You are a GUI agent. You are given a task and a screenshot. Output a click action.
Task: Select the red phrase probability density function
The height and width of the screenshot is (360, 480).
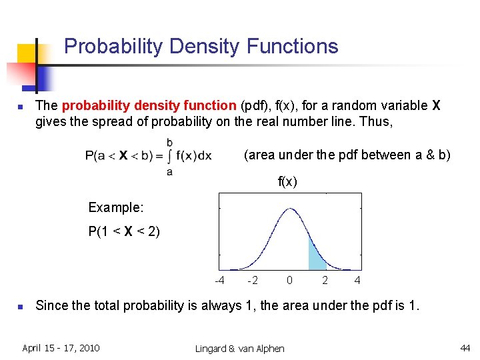pyautogui.click(x=149, y=106)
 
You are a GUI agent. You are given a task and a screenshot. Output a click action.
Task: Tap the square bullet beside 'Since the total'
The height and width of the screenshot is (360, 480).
pyautogui.click(x=21, y=307)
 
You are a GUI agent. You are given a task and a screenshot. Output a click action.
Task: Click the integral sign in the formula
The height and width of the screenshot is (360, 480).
pyautogui.click(x=169, y=156)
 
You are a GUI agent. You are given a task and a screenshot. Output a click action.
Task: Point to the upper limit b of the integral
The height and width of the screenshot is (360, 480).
pyautogui.click(x=169, y=142)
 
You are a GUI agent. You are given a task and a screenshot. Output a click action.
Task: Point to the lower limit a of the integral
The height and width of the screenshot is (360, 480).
pyautogui.click(x=169, y=171)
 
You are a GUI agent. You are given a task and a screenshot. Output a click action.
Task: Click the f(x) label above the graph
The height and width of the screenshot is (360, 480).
pyautogui.click(x=287, y=181)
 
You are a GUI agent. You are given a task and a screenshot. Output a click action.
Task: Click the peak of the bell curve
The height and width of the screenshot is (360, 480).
pyautogui.click(x=290, y=209)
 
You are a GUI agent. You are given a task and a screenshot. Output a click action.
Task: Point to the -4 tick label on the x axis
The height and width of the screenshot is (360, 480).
pyautogui.click(x=219, y=280)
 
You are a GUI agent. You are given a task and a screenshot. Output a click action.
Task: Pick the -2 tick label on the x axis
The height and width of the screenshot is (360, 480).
pyautogui.click(x=253, y=280)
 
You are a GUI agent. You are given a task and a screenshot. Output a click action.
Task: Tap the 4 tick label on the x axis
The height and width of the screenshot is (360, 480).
pyautogui.click(x=357, y=280)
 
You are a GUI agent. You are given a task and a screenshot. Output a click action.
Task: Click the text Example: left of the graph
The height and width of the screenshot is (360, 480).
pyautogui.click(x=116, y=207)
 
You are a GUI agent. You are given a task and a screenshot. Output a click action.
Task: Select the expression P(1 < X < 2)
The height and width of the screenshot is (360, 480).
pyautogui.click(x=124, y=232)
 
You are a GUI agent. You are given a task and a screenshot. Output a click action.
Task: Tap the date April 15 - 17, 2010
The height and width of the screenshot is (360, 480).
pyautogui.click(x=61, y=347)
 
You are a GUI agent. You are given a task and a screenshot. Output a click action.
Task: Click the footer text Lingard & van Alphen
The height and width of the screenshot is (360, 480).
pyautogui.click(x=239, y=348)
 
